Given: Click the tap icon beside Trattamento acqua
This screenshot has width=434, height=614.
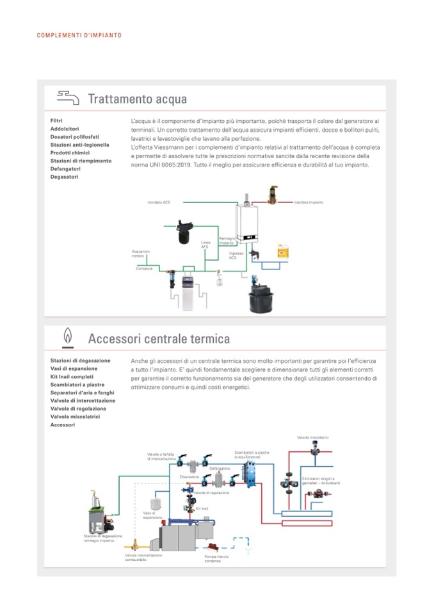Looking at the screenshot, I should [68, 98].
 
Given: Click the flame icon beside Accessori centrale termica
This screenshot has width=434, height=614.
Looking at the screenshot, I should [67, 337].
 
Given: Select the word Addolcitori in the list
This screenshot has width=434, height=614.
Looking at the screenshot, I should [65, 129].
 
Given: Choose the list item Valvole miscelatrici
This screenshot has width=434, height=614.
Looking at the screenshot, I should [79, 416].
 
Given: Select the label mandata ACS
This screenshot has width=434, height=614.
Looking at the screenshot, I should [159, 202].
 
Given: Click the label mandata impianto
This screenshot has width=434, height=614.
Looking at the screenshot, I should [309, 202].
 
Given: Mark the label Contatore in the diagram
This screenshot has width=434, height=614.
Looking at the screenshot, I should [145, 268].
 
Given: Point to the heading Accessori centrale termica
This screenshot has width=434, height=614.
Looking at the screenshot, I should [159, 337].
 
